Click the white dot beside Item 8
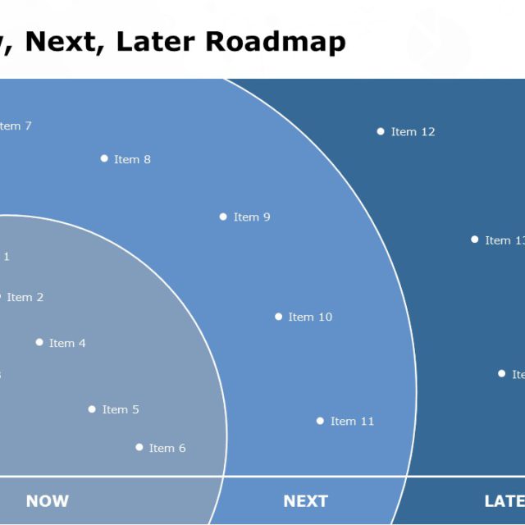(x=104, y=158)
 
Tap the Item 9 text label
(x=252, y=217)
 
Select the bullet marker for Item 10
(x=278, y=317)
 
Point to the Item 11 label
(x=352, y=422)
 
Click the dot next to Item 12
(x=381, y=131)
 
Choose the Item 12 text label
(x=413, y=132)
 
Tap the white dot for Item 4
(x=39, y=342)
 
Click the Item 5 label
(x=121, y=409)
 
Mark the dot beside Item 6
(x=139, y=447)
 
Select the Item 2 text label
(x=25, y=298)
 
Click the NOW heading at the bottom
(x=48, y=501)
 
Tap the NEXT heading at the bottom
(x=305, y=501)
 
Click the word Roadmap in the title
(x=276, y=41)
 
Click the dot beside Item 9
(x=223, y=217)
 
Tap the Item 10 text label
(x=310, y=317)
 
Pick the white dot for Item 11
(x=320, y=421)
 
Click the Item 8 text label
(x=132, y=159)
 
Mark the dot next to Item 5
(x=92, y=409)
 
